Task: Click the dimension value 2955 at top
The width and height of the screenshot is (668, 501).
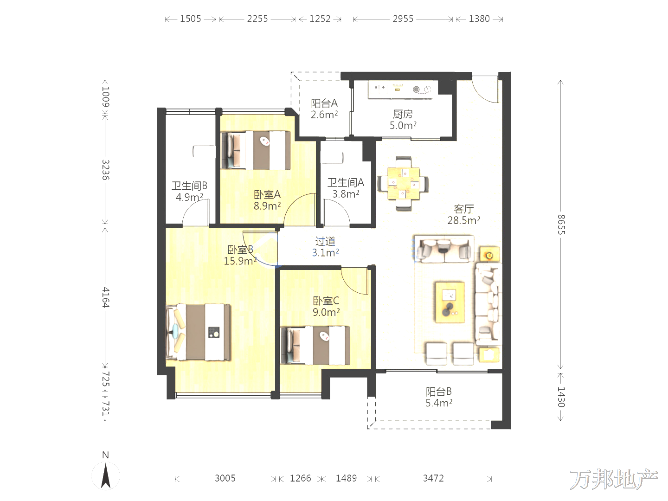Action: (403, 19)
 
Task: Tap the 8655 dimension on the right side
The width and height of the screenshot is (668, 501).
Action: (561, 225)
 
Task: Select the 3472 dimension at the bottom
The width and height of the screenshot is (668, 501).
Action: (433, 478)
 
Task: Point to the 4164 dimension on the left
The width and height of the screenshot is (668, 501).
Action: (105, 297)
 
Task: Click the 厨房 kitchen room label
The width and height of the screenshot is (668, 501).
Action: (403, 114)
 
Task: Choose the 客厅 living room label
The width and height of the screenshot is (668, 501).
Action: (464, 209)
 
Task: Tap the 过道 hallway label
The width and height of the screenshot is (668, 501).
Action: (325, 241)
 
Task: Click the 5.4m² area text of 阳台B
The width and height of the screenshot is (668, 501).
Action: (439, 403)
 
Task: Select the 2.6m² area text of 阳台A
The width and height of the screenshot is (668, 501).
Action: (324, 115)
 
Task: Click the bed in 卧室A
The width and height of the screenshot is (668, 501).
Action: (255, 150)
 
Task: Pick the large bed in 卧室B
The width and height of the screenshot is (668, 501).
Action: (198, 332)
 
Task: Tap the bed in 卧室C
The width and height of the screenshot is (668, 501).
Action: (315, 345)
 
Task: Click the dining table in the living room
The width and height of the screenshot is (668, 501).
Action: (403, 183)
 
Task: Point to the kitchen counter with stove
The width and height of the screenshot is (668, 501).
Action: (400, 90)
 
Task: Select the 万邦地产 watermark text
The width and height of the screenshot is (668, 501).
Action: (614, 479)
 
